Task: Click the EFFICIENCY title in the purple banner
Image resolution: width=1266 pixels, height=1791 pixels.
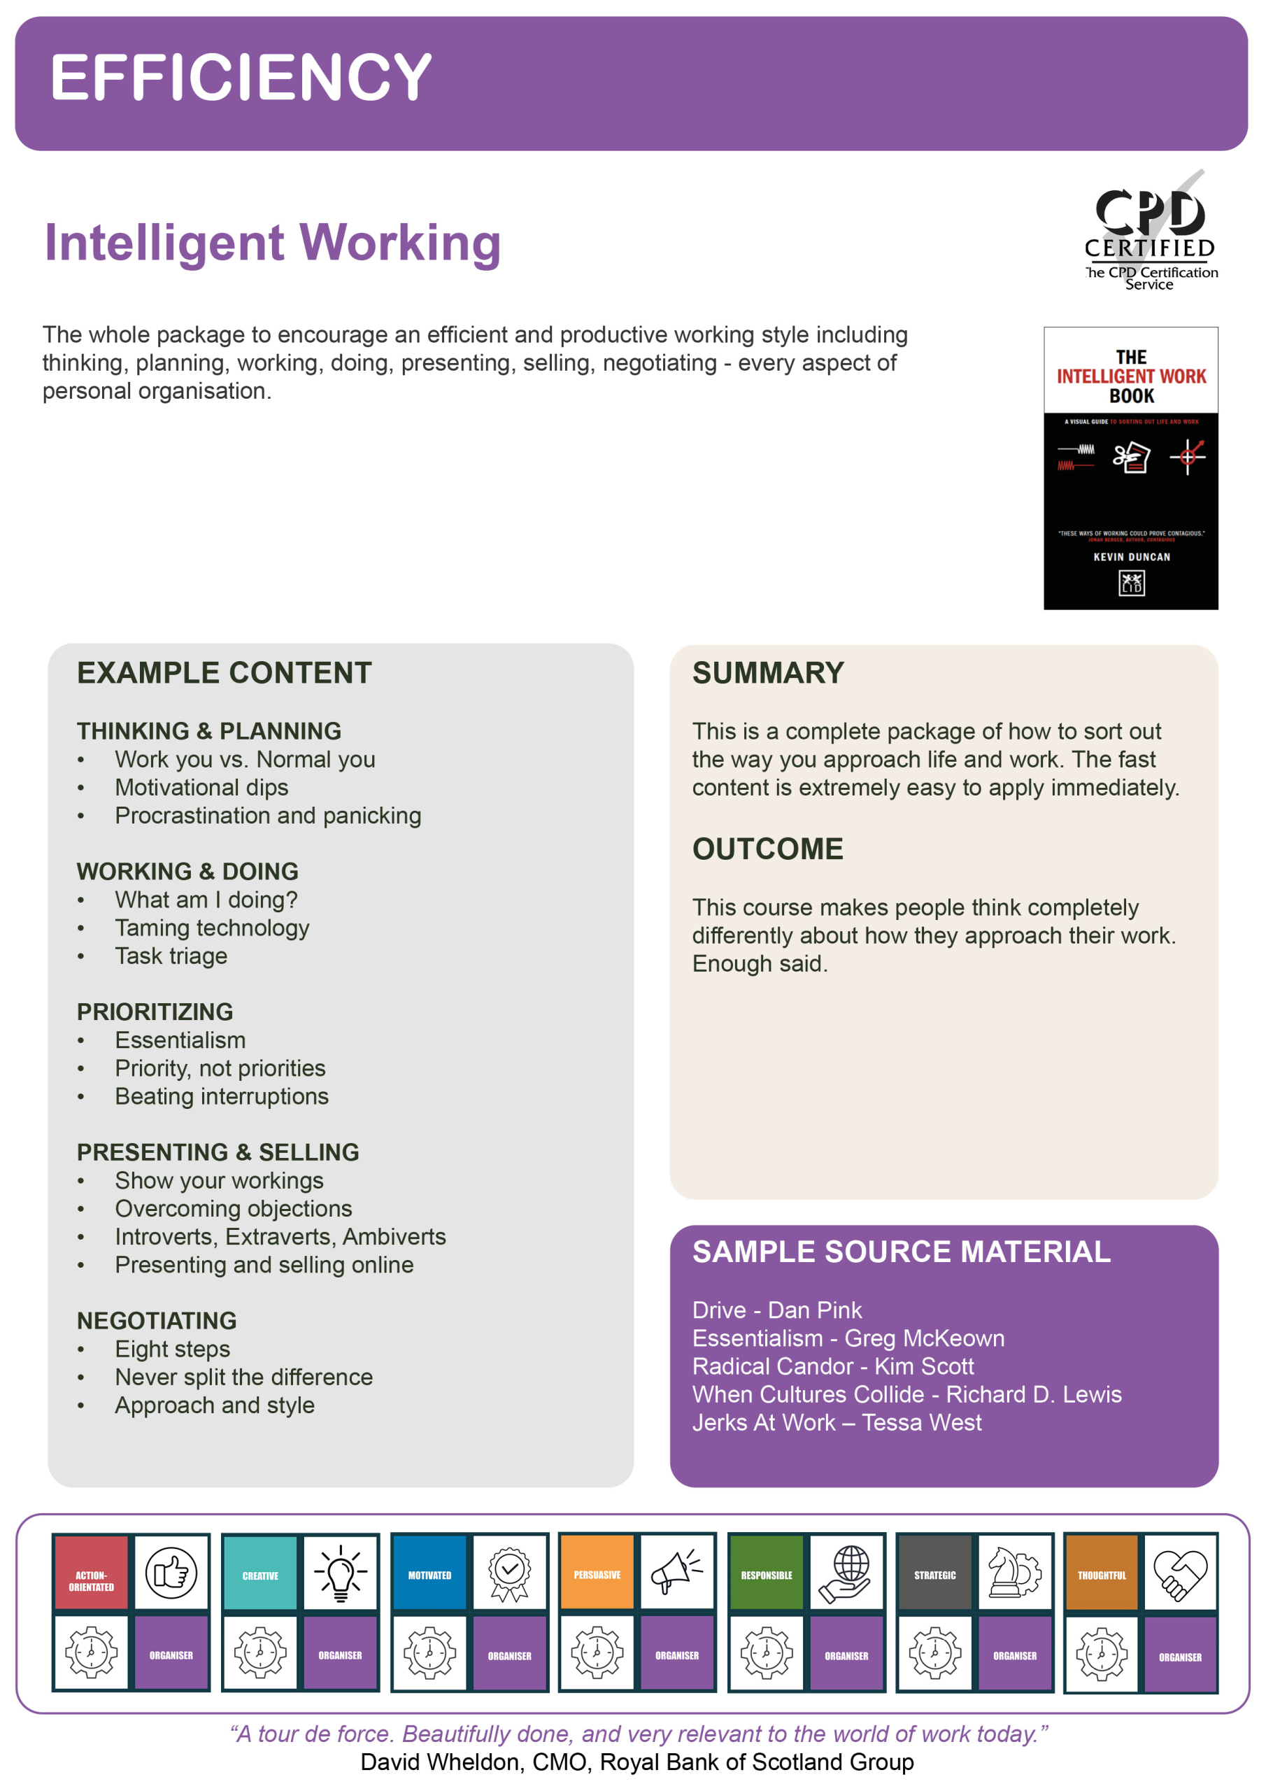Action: (240, 77)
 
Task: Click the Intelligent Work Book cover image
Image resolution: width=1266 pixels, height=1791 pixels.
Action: (1130, 467)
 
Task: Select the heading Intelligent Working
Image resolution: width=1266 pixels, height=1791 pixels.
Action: (272, 243)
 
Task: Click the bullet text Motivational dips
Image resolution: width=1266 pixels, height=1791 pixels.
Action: (201, 788)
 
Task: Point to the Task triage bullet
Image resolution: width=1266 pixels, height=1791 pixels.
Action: (171, 956)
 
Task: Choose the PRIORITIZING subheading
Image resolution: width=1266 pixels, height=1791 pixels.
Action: (155, 1012)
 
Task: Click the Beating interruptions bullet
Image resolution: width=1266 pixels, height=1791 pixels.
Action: (222, 1097)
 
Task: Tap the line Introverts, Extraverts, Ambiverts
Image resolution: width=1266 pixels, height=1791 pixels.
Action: (280, 1237)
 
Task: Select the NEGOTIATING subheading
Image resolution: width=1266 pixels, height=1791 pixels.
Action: (156, 1321)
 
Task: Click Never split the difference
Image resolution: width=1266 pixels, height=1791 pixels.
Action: (243, 1378)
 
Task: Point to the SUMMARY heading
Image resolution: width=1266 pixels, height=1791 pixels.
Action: (767, 673)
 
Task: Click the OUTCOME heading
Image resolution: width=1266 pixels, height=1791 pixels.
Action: (767, 849)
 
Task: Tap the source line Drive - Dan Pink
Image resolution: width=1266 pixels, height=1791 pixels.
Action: (776, 1310)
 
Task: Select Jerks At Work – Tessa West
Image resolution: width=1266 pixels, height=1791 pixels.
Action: (837, 1423)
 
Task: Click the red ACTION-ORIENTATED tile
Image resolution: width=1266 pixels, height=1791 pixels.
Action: (91, 1573)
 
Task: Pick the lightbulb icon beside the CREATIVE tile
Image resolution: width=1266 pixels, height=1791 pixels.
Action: (340, 1573)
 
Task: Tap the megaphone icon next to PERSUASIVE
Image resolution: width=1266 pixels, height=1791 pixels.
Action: (676, 1573)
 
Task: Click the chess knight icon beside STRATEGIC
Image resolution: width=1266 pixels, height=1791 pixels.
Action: (1014, 1573)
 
